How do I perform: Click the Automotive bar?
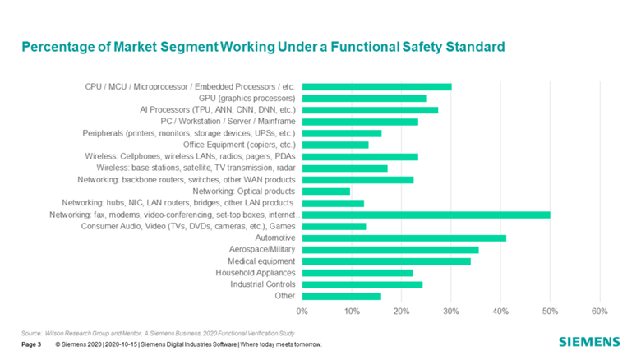pyautogui.click(x=404, y=238)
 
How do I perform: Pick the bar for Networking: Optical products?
pyautogui.click(x=326, y=192)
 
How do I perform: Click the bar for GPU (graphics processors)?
pyautogui.click(x=364, y=99)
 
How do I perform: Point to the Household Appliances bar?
pyautogui.click(x=357, y=273)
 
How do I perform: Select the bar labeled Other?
pyautogui.click(x=342, y=296)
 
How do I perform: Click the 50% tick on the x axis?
pyautogui.click(x=550, y=312)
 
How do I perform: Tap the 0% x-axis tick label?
pyautogui.click(x=302, y=312)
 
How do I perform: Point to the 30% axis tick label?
pyautogui.click(x=451, y=312)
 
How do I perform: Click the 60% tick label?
pyautogui.click(x=599, y=312)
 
